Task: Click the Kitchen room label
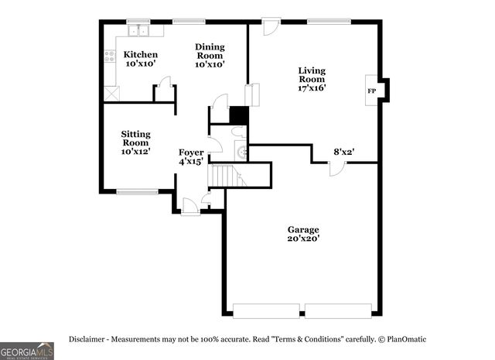[x=141, y=55]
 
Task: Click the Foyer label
[x=191, y=153]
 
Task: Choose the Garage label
[x=303, y=230]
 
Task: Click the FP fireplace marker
[x=371, y=91]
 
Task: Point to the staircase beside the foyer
[x=227, y=176]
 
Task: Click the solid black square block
[x=239, y=115]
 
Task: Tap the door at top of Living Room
[x=270, y=27]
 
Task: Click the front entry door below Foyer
[x=189, y=206]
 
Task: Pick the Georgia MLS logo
[x=27, y=350]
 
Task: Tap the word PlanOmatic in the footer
[x=406, y=339]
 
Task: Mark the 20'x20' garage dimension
[x=303, y=239]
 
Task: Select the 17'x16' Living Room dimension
[x=312, y=87]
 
